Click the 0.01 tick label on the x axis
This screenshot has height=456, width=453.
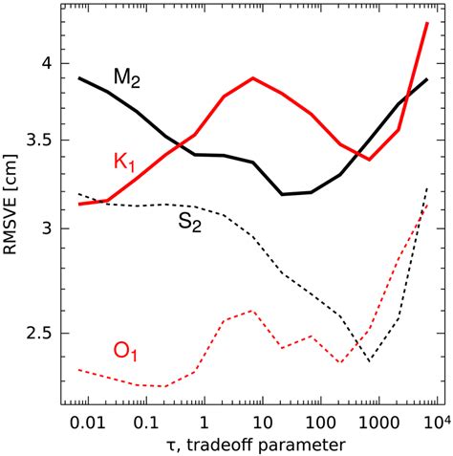click(x=84, y=423)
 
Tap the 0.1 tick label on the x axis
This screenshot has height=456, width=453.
click(x=145, y=423)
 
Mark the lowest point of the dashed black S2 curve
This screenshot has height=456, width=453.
click(x=370, y=361)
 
